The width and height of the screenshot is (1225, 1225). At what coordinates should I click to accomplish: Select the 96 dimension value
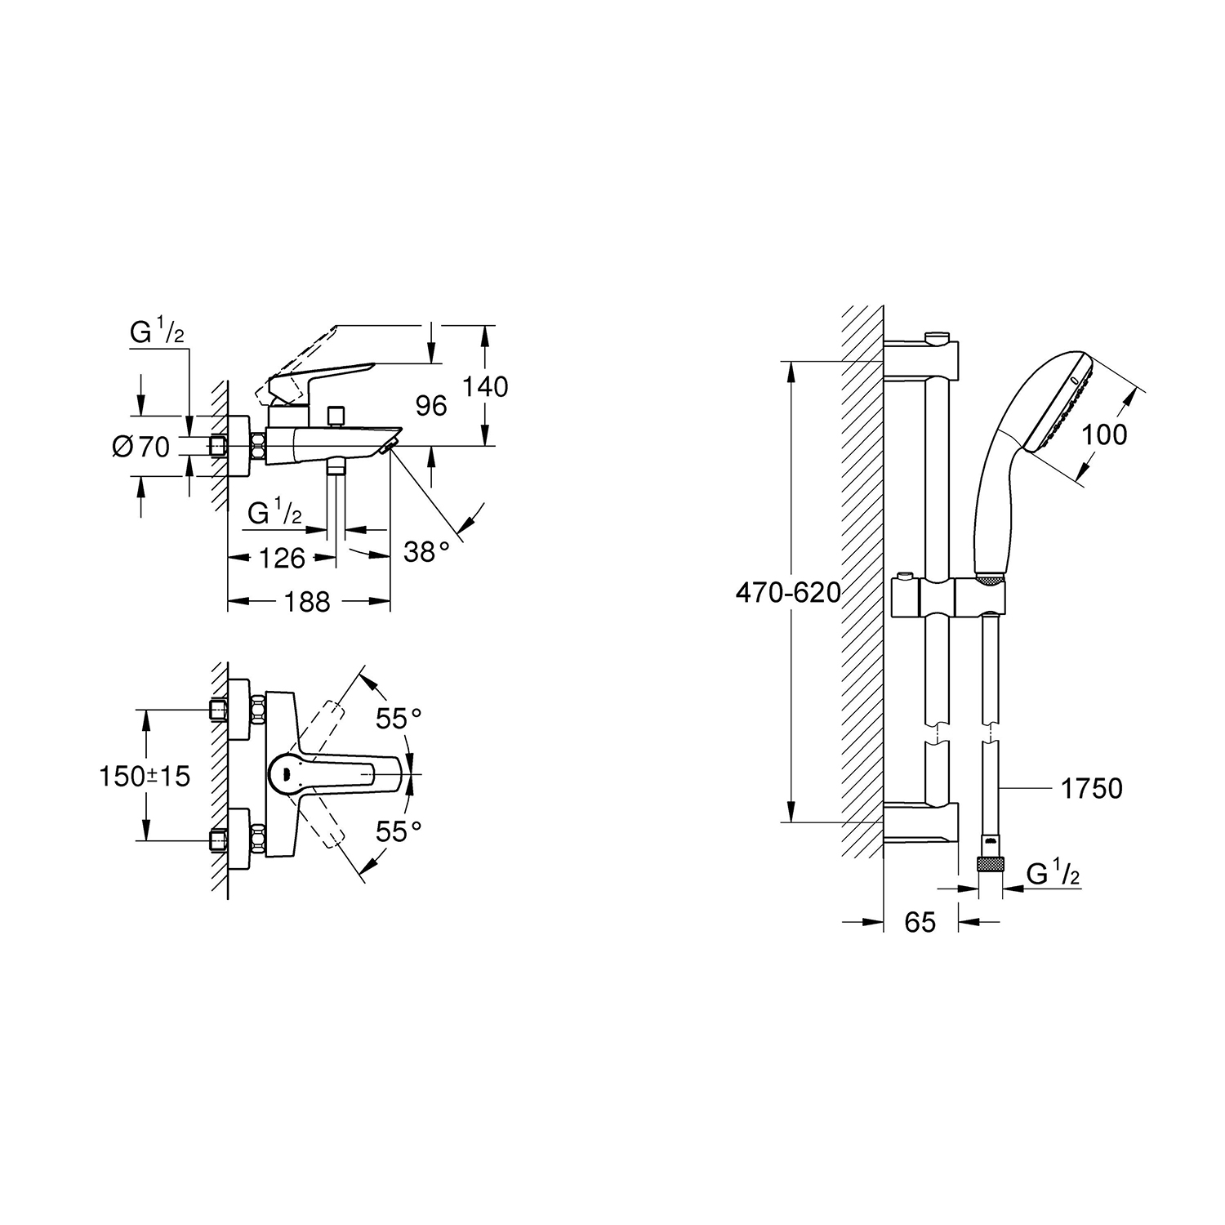coord(431,405)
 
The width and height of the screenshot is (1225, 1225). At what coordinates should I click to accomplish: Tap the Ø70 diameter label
coord(141,446)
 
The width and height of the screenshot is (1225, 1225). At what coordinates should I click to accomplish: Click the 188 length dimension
coord(308,602)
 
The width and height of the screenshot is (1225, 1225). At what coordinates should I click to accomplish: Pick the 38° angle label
coord(427,553)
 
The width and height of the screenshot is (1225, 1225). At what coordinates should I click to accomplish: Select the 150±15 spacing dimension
coord(145,775)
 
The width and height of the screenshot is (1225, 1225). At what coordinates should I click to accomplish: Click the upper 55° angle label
coord(399,719)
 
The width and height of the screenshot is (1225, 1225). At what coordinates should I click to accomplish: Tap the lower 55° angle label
coord(399,831)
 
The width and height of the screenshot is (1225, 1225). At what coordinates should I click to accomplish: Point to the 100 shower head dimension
coord(1104,435)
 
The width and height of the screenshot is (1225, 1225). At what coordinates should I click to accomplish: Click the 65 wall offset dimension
coord(920,922)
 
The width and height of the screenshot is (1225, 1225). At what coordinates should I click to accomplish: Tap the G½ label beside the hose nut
coord(1053,875)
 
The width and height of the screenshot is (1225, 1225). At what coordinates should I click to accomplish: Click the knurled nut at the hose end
coord(991,864)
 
